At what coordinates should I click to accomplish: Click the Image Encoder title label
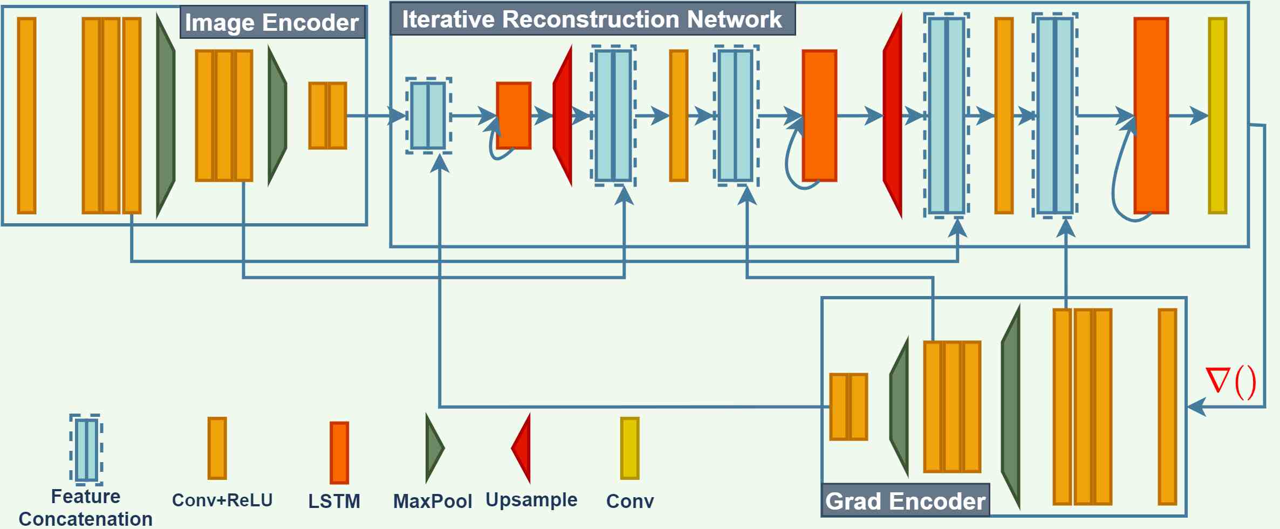tap(272, 23)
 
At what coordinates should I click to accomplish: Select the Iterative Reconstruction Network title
tap(592, 19)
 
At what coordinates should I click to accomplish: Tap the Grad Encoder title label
tap(905, 501)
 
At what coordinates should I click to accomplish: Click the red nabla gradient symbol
tap(1231, 382)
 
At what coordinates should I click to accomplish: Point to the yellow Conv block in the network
tap(1217, 115)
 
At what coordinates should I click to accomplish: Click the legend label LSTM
tap(334, 501)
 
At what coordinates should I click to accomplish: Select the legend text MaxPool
tap(432, 501)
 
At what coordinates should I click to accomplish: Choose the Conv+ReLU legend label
tap(222, 500)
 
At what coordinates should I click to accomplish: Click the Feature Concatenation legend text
tap(85, 507)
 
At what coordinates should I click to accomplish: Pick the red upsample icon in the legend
tap(522, 448)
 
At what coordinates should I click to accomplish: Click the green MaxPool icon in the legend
tap(434, 448)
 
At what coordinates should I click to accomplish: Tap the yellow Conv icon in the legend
tap(629, 448)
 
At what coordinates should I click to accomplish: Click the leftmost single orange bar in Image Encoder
tap(27, 115)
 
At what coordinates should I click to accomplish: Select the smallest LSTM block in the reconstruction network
tap(514, 115)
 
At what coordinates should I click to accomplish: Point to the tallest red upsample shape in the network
tap(893, 115)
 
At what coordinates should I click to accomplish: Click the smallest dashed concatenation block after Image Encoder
tap(428, 115)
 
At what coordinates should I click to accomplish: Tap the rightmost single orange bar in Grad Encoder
tap(1167, 407)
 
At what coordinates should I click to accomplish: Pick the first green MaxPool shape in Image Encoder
tap(166, 115)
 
